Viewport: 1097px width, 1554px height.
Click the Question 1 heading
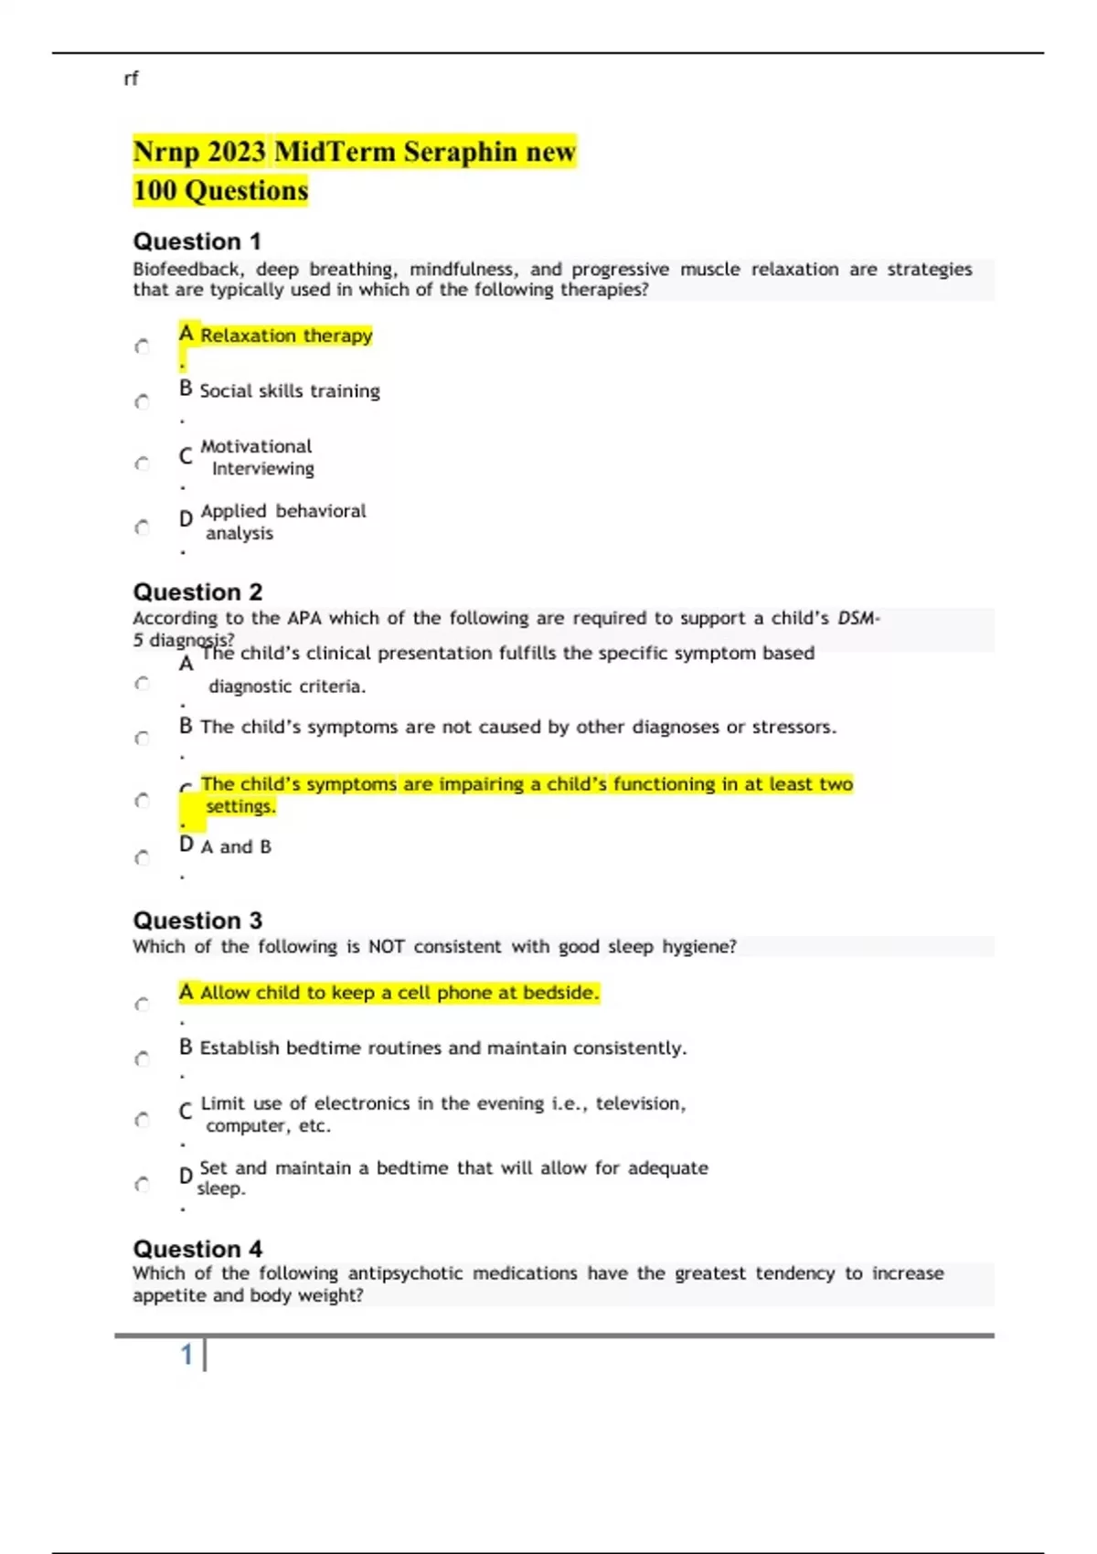(x=197, y=241)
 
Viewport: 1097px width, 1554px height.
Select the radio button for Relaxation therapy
(x=142, y=346)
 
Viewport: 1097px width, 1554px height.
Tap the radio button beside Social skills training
(x=142, y=401)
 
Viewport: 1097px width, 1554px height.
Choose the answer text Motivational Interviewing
(x=257, y=457)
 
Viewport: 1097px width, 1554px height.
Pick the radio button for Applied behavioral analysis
(x=142, y=527)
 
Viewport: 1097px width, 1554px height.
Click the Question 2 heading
(x=197, y=592)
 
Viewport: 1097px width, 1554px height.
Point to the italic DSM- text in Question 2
(x=858, y=618)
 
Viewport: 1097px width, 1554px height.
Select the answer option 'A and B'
(x=236, y=847)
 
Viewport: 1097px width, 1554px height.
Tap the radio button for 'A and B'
(x=142, y=857)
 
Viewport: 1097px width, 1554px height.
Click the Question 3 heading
(x=197, y=921)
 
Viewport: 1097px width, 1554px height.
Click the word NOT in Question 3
(x=386, y=947)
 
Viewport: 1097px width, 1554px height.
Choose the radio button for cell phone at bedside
(x=142, y=1005)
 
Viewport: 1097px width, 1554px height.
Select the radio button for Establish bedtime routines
(x=142, y=1059)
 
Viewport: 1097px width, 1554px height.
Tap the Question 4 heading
(x=197, y=1249)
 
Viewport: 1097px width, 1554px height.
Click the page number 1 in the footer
(x=186, y=1355)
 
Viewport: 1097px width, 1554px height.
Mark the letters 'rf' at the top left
(x=131, y=80)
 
